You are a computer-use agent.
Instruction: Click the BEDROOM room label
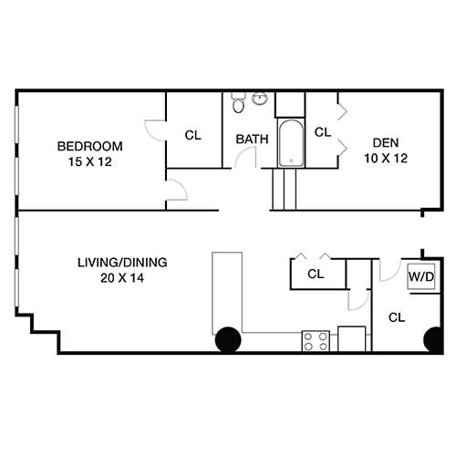pos(89,146)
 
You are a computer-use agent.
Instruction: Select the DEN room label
pos(383,143)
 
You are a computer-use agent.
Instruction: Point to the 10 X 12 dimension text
pos(383,158)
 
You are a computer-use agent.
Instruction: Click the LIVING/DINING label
pos(122,263)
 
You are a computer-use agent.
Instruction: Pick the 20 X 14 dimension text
pos(122,277)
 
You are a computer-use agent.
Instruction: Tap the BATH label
pos(252,140)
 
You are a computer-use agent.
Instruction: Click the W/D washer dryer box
pos(420,275)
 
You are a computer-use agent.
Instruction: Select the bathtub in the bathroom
pos(290,143)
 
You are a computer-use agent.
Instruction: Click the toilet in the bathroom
pos(238,103)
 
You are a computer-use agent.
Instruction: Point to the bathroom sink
pos(260,98)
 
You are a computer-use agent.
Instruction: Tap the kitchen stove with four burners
pos(316,341)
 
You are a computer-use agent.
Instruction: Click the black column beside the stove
pos(227,339)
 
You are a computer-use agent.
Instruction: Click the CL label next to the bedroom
pos(192,136)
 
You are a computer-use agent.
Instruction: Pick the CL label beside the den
pos(322,132)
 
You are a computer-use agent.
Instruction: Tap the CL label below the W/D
pos(397,318)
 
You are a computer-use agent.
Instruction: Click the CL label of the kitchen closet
pos(316,274)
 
